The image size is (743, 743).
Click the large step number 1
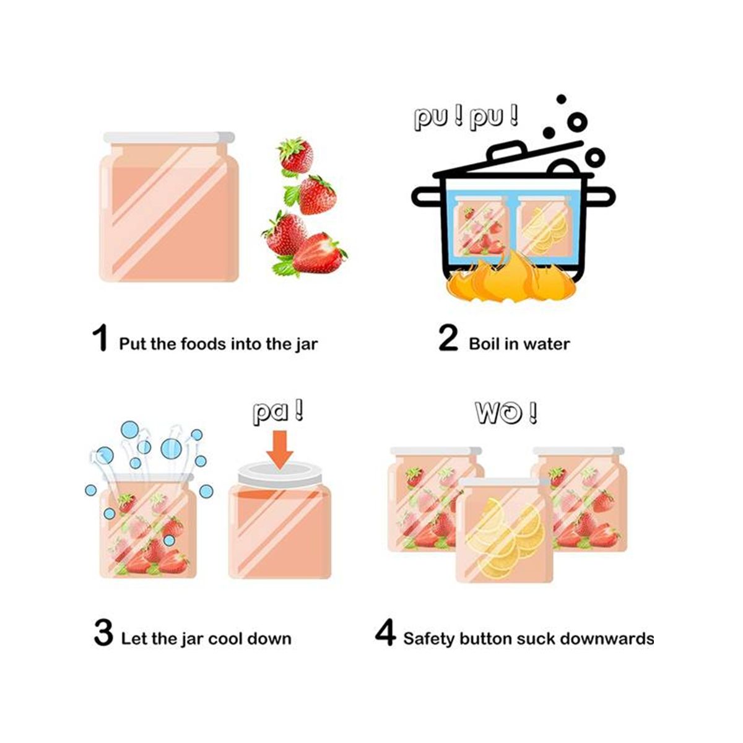tap(101, 337)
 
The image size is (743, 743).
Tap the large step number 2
tap(448, 338)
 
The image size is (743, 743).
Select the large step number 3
tap(103, 633)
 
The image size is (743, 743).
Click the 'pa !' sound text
tap(277, 413)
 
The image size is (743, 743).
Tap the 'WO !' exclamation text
tap(505, 413)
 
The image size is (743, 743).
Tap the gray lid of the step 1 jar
tap(168, 137)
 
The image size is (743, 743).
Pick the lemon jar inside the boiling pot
tap(543, 225)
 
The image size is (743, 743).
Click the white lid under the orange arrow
tap(279, 477)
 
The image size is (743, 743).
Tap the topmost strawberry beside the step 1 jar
tap(295, 157)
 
